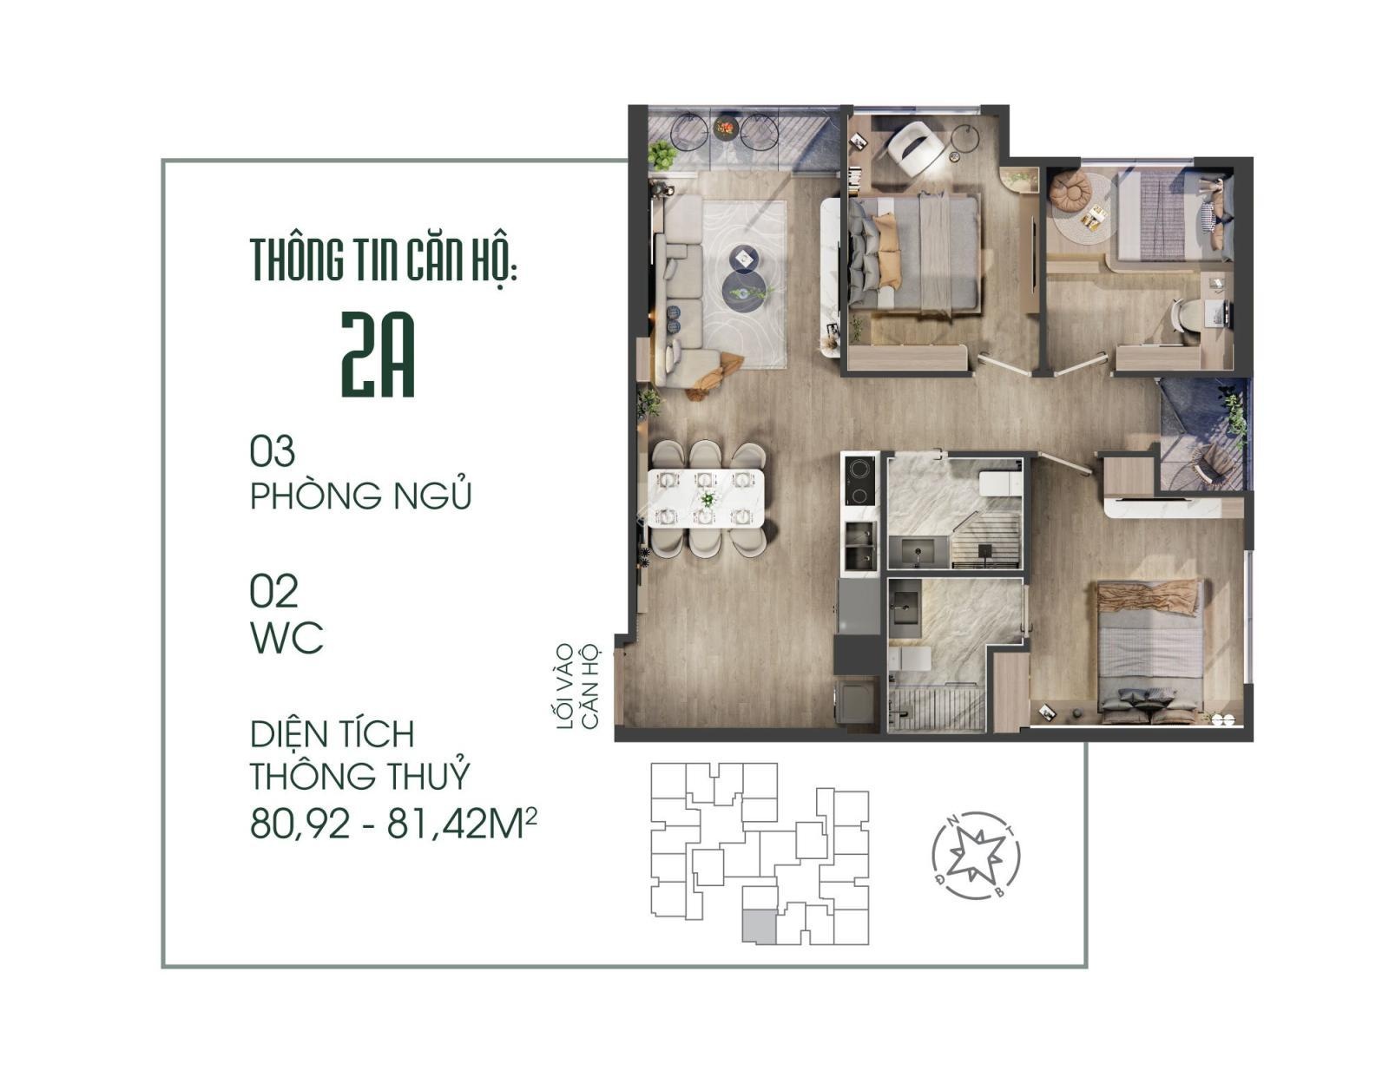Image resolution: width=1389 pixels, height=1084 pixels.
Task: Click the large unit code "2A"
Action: [x=378, y=355]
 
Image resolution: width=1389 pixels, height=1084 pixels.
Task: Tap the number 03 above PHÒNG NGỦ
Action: [x=273, y=451]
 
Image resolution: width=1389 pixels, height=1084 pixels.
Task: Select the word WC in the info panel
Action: [x=286, y=637]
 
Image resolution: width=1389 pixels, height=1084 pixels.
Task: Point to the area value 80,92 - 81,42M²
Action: [x=392, y=824]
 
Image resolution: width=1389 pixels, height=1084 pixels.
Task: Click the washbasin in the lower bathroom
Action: [x=905, y=611]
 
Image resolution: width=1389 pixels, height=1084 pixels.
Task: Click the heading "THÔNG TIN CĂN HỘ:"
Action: [x=385, y=260]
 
